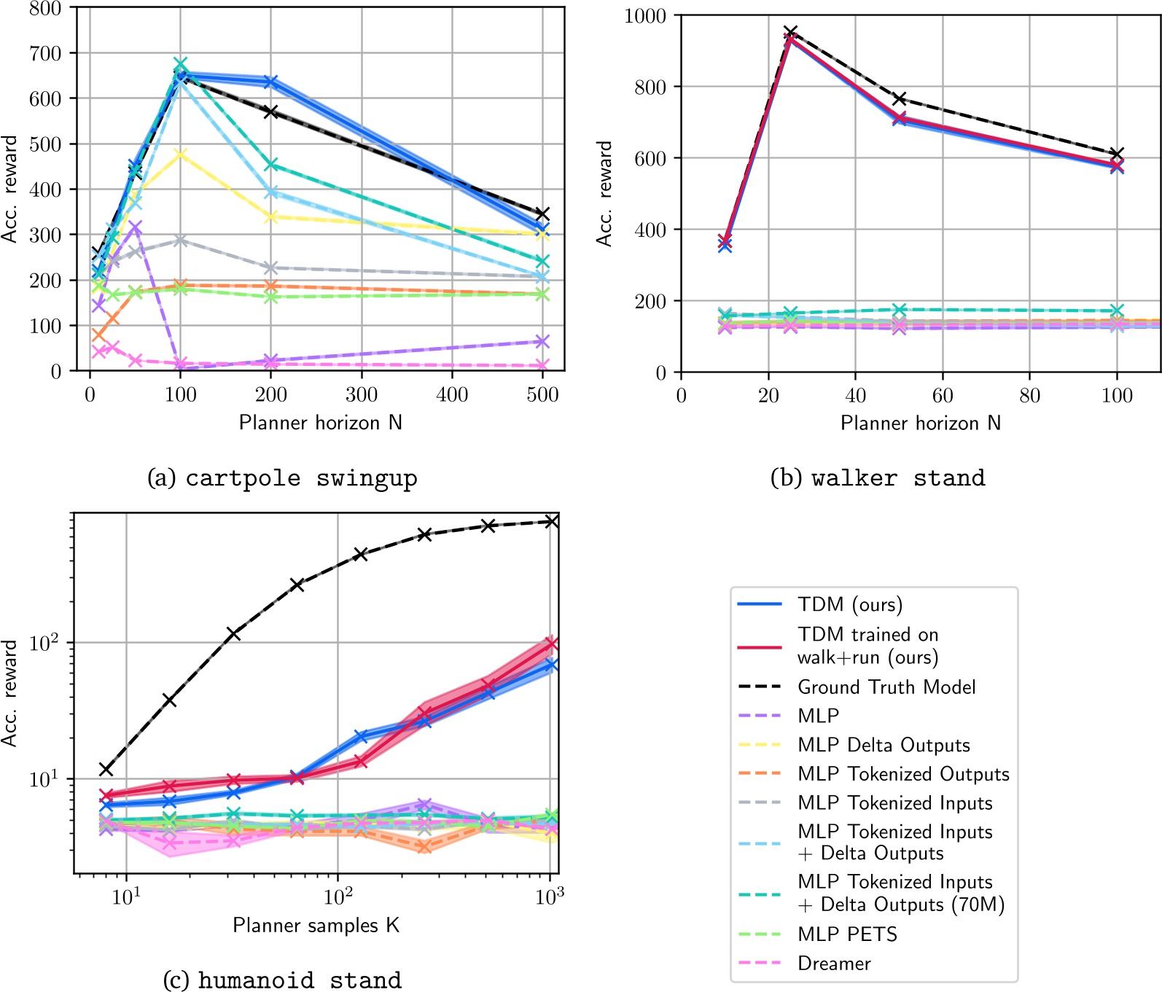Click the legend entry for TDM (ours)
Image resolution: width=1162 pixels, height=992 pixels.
point(850,604)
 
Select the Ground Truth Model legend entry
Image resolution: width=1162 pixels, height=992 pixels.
point(886,687)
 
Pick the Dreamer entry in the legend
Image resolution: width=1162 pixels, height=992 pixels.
point(834,963)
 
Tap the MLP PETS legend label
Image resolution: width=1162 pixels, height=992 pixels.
point(847,934)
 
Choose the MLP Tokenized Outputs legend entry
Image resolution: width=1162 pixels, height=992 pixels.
point(903,773)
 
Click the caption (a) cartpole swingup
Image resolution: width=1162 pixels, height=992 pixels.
point(282,478)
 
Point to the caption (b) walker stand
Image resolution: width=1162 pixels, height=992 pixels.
point(878,478)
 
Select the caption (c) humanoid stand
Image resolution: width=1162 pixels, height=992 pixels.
point(282,980)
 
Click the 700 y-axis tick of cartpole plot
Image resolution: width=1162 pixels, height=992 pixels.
point(45,53)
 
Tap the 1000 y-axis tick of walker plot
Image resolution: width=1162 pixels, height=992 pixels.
point(645,16)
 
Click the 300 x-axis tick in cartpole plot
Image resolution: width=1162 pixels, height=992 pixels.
point(361,395)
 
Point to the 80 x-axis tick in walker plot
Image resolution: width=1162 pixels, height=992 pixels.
point(1029,396)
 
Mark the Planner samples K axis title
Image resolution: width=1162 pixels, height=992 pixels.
point(316,925)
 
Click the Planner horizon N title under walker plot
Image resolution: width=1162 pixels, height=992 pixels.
point(920,423)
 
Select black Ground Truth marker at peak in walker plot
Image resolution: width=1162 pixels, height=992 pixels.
point(790,32)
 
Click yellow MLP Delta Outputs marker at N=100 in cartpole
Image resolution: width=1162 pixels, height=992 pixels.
point(180,154)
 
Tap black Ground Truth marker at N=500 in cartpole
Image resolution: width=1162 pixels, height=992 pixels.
point(542,214)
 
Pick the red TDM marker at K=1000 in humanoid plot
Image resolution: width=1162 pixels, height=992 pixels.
point(552,643)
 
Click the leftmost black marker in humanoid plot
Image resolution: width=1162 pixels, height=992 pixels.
point(106,769)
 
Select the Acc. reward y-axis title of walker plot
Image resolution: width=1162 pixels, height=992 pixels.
point(604,193)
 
